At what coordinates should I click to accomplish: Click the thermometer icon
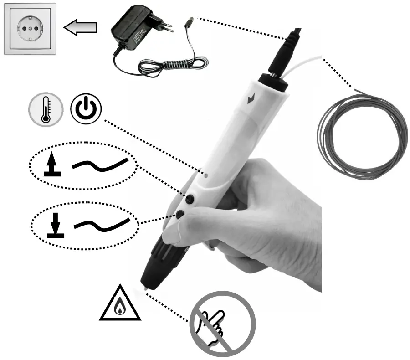click(45, 109)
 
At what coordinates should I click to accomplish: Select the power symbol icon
click(86, 110)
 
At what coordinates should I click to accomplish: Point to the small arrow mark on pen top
click(250, 98)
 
